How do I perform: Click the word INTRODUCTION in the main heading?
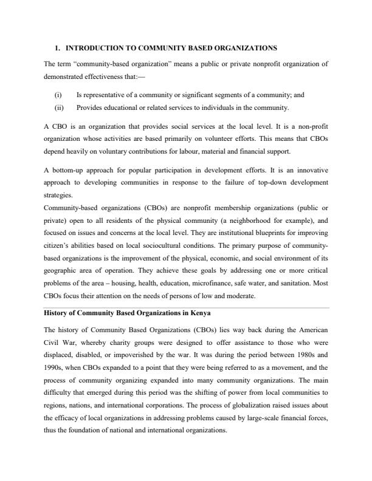point(92,47)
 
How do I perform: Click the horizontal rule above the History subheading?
point(186,307)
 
